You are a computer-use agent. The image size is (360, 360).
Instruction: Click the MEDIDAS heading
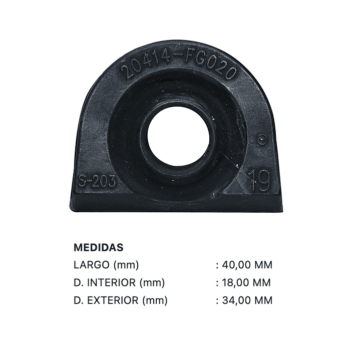(x=99, y=247)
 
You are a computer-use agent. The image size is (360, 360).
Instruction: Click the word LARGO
(x=92, y=265)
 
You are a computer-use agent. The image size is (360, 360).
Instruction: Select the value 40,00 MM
(x=247, y=265)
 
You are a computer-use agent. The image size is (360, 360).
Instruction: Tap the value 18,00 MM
(x=246, y=282)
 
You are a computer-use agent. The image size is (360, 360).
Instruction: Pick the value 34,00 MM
(x=247, y=300)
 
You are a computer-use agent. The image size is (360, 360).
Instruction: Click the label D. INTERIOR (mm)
(x=119, y=282)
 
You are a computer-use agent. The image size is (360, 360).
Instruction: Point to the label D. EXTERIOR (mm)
(x=121, y=300)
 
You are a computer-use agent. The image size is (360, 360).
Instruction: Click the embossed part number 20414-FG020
(x=179, y=67)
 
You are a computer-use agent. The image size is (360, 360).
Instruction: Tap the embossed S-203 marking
(x=97, y=181)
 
